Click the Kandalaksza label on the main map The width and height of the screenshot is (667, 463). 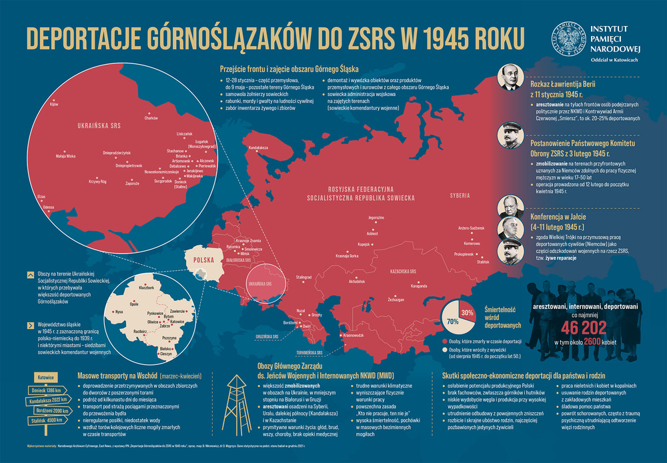[x=258, y=146]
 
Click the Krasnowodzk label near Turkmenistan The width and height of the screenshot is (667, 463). [x=353, y=335]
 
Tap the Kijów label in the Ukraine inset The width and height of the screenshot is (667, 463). [x=55, y=105]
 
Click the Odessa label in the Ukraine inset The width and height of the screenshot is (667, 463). [x=48, y=207]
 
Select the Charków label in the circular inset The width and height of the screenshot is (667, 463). [x=151, y=118]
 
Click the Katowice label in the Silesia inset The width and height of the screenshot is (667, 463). [x=177, y=322]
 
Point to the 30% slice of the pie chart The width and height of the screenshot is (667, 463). [x=467, y=312]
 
